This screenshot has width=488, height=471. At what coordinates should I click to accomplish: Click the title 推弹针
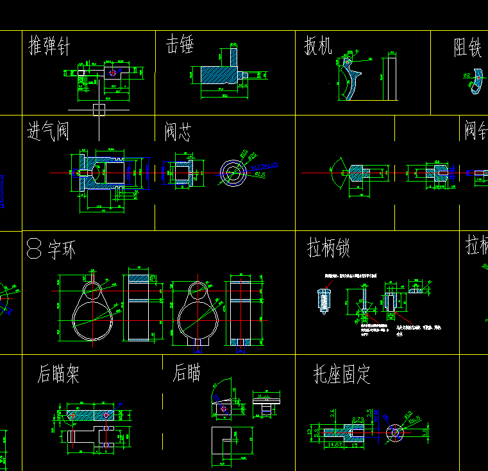coord(49,46)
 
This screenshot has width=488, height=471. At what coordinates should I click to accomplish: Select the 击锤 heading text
coord(180,45)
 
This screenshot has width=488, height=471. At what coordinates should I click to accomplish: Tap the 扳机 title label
coord(317,46)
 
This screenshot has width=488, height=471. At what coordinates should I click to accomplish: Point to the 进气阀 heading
coord(47,132)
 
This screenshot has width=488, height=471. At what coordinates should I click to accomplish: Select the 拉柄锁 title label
coord(328,248)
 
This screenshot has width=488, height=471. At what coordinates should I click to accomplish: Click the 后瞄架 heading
coord(58,373)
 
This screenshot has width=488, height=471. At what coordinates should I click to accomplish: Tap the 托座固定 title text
coord(341,373)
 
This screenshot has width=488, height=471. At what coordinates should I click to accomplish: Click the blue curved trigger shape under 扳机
coord(349,80)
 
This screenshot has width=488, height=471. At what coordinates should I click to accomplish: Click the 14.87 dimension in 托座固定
coord(334,444)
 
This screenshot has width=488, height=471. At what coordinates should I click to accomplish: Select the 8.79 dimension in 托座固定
coord(358,420)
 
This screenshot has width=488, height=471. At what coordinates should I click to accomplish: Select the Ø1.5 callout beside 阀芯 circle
coord(260,174)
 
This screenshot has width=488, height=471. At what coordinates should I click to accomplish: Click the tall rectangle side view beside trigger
coord(392,78)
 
